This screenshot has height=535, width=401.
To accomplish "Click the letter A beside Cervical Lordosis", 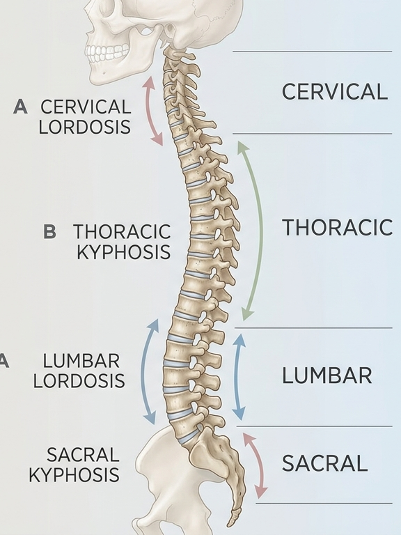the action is click(x=20, y=107).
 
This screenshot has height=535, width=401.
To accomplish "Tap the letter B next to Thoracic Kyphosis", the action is click(x=50, y=231).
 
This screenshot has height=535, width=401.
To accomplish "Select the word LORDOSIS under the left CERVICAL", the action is click(x=84, y=127).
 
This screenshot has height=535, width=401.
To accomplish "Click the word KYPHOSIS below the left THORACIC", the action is click(x=123, y=252).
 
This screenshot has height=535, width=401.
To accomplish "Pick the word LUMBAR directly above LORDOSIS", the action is click(x=81, y=361).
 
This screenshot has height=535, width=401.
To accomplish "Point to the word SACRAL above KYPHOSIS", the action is click(x=83, y=454).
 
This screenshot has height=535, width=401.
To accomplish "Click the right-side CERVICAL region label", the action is click(x=334, y=92).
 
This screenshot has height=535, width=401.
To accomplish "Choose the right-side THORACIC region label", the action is click(x=337, y=228).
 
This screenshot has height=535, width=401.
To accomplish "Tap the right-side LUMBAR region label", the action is click(x=327, y=375).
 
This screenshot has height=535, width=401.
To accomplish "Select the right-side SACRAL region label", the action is click(x=325, y=463).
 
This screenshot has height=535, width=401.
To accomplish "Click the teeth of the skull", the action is click(x=107, y=54).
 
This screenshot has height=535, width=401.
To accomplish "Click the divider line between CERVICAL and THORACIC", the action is click(x=313, y=134).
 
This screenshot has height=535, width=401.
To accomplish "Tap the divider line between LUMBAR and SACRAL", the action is click(x=315, y=426).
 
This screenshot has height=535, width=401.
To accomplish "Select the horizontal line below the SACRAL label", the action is click(x=324, y=503).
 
